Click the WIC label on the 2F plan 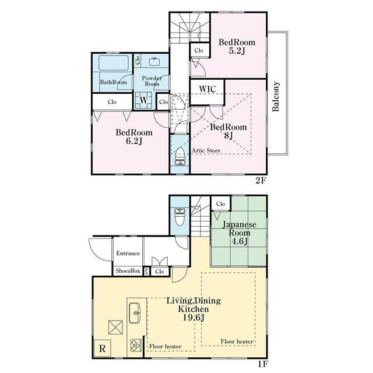tap(207, 89)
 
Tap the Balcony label tap(276, 96)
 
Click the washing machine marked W tap(144, 100)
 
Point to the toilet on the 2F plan tap(180, 156)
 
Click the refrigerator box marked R tap(103, 349)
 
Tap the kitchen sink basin tap(135, 313)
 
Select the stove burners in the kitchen tap(136, 346)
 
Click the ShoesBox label tap(128, 270)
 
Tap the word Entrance tap(128, 254)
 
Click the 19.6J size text tap(194, 318)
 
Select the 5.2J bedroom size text tap(237, 51)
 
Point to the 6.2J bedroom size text tap(134, 141)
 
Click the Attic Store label tap(206, 150)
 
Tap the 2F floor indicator tap(261, 181)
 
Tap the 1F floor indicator tap(263, 364)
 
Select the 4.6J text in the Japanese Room tap(240, 241)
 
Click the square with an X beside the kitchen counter tap(115, 328)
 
